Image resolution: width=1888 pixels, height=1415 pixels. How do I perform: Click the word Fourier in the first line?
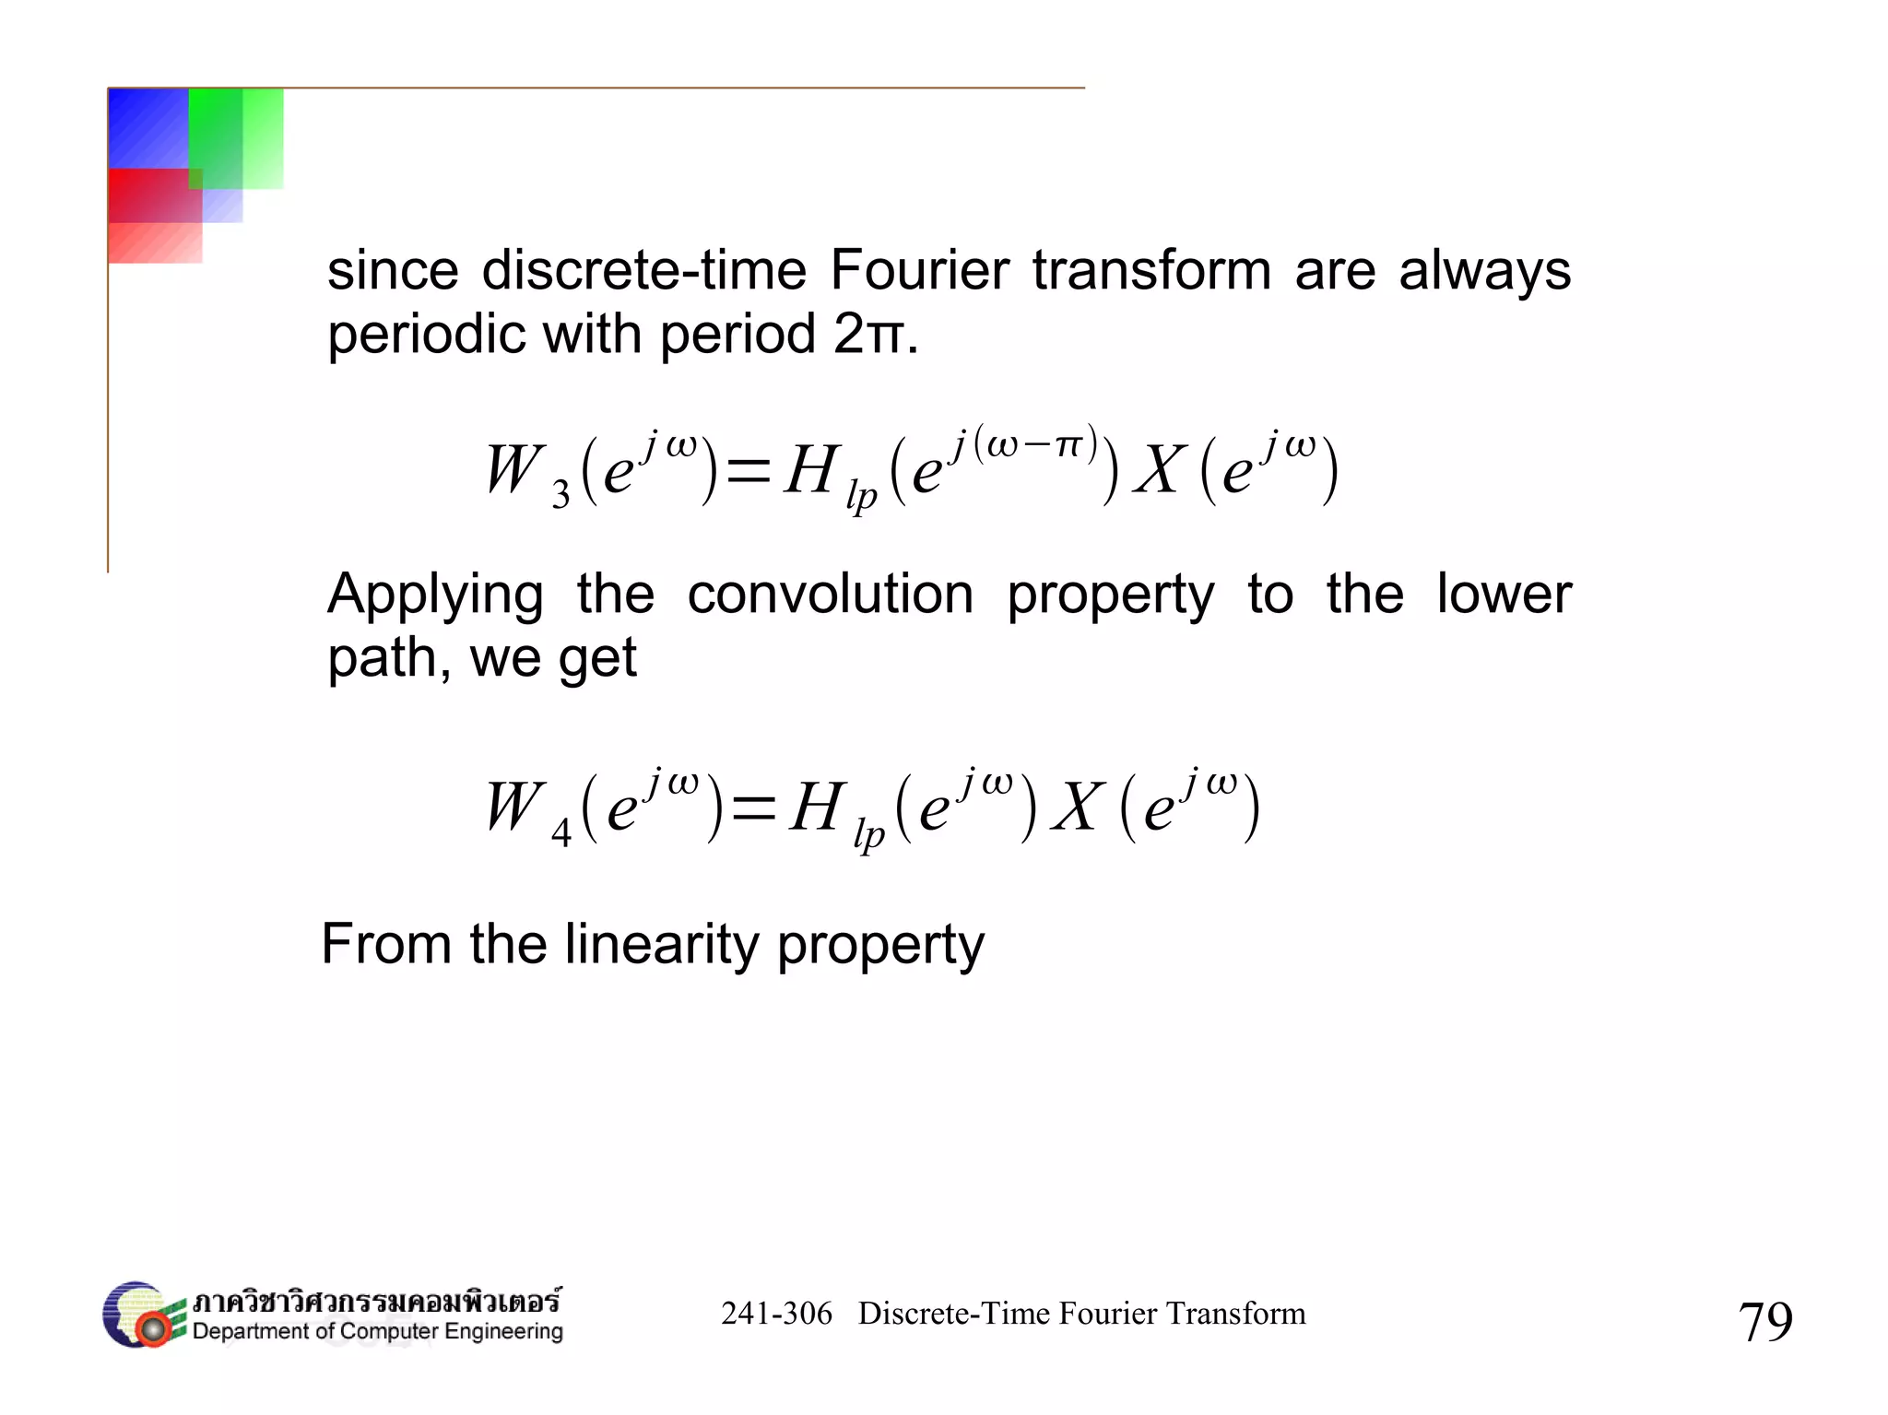tap(919, 270)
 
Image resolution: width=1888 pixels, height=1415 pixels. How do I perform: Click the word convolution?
tap(830, 594)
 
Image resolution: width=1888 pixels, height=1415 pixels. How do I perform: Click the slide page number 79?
tap(1764, 1321)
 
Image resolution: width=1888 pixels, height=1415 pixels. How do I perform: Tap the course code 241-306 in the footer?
tap(776, 1314)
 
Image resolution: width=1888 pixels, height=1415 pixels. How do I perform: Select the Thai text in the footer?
tap(376, 1301)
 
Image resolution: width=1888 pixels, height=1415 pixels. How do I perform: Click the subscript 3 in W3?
tap(560, 496)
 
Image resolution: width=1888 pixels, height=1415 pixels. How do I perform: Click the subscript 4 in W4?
tap(560, 833)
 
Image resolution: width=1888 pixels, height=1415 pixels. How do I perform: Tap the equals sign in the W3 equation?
tap(748, 472)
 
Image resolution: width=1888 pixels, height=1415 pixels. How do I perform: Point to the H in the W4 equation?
tap(817, 808)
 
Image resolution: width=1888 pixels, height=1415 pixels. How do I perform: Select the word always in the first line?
tap(1484, 270)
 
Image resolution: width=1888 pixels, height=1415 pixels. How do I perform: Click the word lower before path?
tap(1504, 594)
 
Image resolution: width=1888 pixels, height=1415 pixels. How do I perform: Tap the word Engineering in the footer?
tap(503, 1331)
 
